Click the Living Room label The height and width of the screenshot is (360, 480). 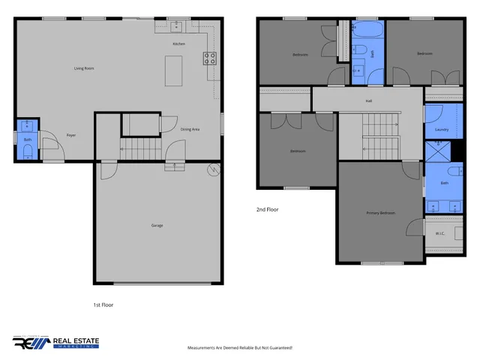[x=83, y=68]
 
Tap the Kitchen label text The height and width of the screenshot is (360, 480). [x=178, y=44]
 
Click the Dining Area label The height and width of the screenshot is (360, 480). [x=190, y=129]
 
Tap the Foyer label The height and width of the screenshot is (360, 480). [x=71, y=135]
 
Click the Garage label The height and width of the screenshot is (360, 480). [x=157, y=225]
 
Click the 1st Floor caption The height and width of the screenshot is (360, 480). [x=103, y=305]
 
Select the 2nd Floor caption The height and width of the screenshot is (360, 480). [x=267, y=210]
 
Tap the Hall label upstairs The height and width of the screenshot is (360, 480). [x=368, y=100]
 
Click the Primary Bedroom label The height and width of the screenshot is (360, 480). [x=380, y=213]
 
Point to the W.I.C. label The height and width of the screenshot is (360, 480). [x=440, y=233]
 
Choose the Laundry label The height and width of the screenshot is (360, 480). [x=442, y=130]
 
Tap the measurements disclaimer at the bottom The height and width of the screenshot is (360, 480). [x=239, y=348]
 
